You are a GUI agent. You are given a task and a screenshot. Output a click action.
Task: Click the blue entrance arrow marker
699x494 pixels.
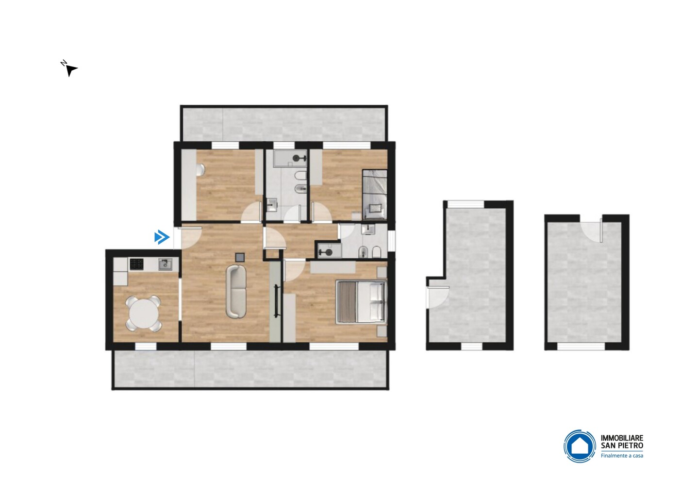click(x=162, y=237)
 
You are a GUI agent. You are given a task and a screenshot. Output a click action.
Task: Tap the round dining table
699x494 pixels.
click(x=144, y=313)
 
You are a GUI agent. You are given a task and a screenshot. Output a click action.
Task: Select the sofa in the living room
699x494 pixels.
click(x=236, y=291)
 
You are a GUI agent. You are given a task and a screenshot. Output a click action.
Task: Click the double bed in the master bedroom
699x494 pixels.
click(x=361, y=302)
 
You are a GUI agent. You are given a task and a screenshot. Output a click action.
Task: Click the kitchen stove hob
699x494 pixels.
click(x=136, y=264)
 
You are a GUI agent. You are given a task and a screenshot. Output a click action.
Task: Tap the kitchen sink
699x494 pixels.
click(x=165, y=264)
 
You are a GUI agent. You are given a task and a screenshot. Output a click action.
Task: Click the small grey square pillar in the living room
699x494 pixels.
click(x=240, y=257)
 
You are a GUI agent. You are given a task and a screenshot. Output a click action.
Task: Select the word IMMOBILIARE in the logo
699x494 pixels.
click(x=622, y=439)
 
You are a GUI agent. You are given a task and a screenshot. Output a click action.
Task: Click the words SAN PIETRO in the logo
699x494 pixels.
click(x=622, y=446)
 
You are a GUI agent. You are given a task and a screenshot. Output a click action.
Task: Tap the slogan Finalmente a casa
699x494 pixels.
click(x=622, y=456)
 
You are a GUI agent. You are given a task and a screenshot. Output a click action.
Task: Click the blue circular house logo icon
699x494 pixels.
click(x=580, y=446)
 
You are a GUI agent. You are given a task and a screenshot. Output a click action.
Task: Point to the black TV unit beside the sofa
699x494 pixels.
click(x=276, y=301)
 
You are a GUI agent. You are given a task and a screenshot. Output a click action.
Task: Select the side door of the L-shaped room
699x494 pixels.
click(x=438, y=297)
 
